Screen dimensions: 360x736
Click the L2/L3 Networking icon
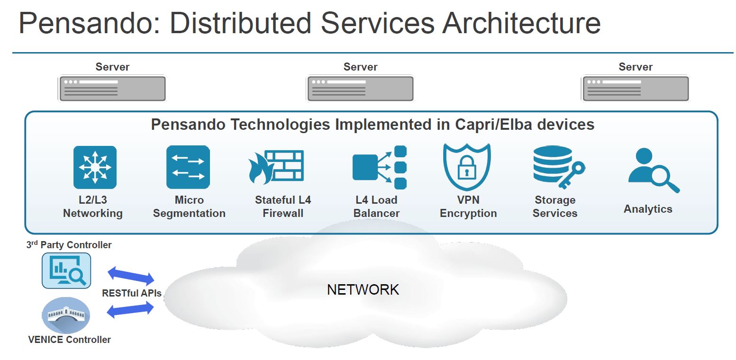[95, 167]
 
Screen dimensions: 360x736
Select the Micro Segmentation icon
[188, 167]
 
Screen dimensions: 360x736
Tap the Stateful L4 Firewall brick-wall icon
[277, 167]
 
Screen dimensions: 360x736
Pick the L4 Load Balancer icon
[380, 167]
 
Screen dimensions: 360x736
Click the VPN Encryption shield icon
[467, 167]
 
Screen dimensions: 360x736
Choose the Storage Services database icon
[557, 167]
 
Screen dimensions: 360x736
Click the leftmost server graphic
[112, 89]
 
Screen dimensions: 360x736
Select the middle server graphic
[360, 89]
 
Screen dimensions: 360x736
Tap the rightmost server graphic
[636, 89]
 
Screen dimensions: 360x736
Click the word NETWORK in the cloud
[363, 289]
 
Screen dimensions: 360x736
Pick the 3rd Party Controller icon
[66, 270]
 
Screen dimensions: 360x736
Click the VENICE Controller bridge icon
[66, 315]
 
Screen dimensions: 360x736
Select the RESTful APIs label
[132, 293]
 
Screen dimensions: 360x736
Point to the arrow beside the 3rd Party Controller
[131, 275]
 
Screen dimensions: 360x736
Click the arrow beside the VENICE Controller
[131, 310]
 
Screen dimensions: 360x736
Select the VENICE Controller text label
[69, 340]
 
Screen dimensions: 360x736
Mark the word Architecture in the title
[521, 24]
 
